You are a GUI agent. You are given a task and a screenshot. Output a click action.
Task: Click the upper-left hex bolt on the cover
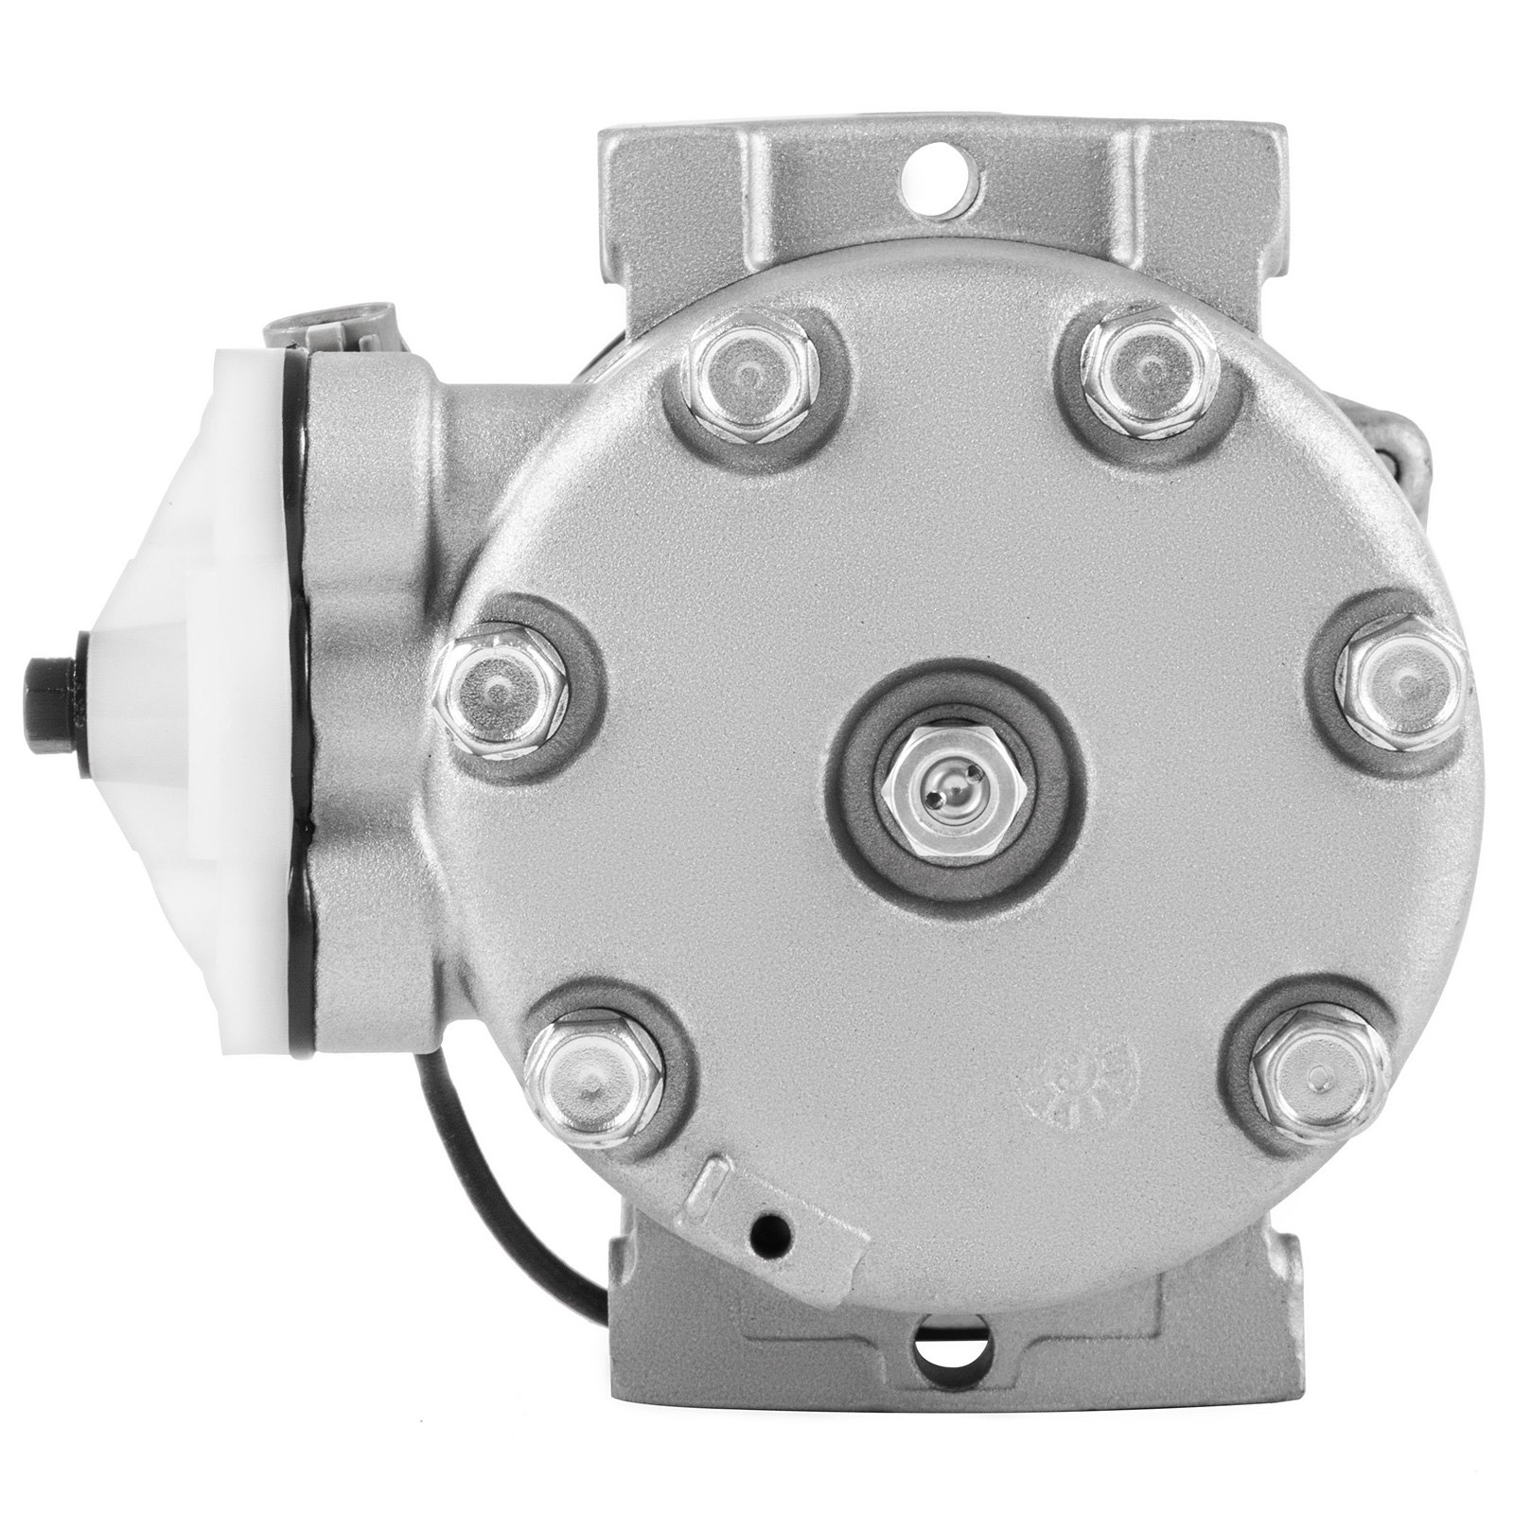tap(750, 375)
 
